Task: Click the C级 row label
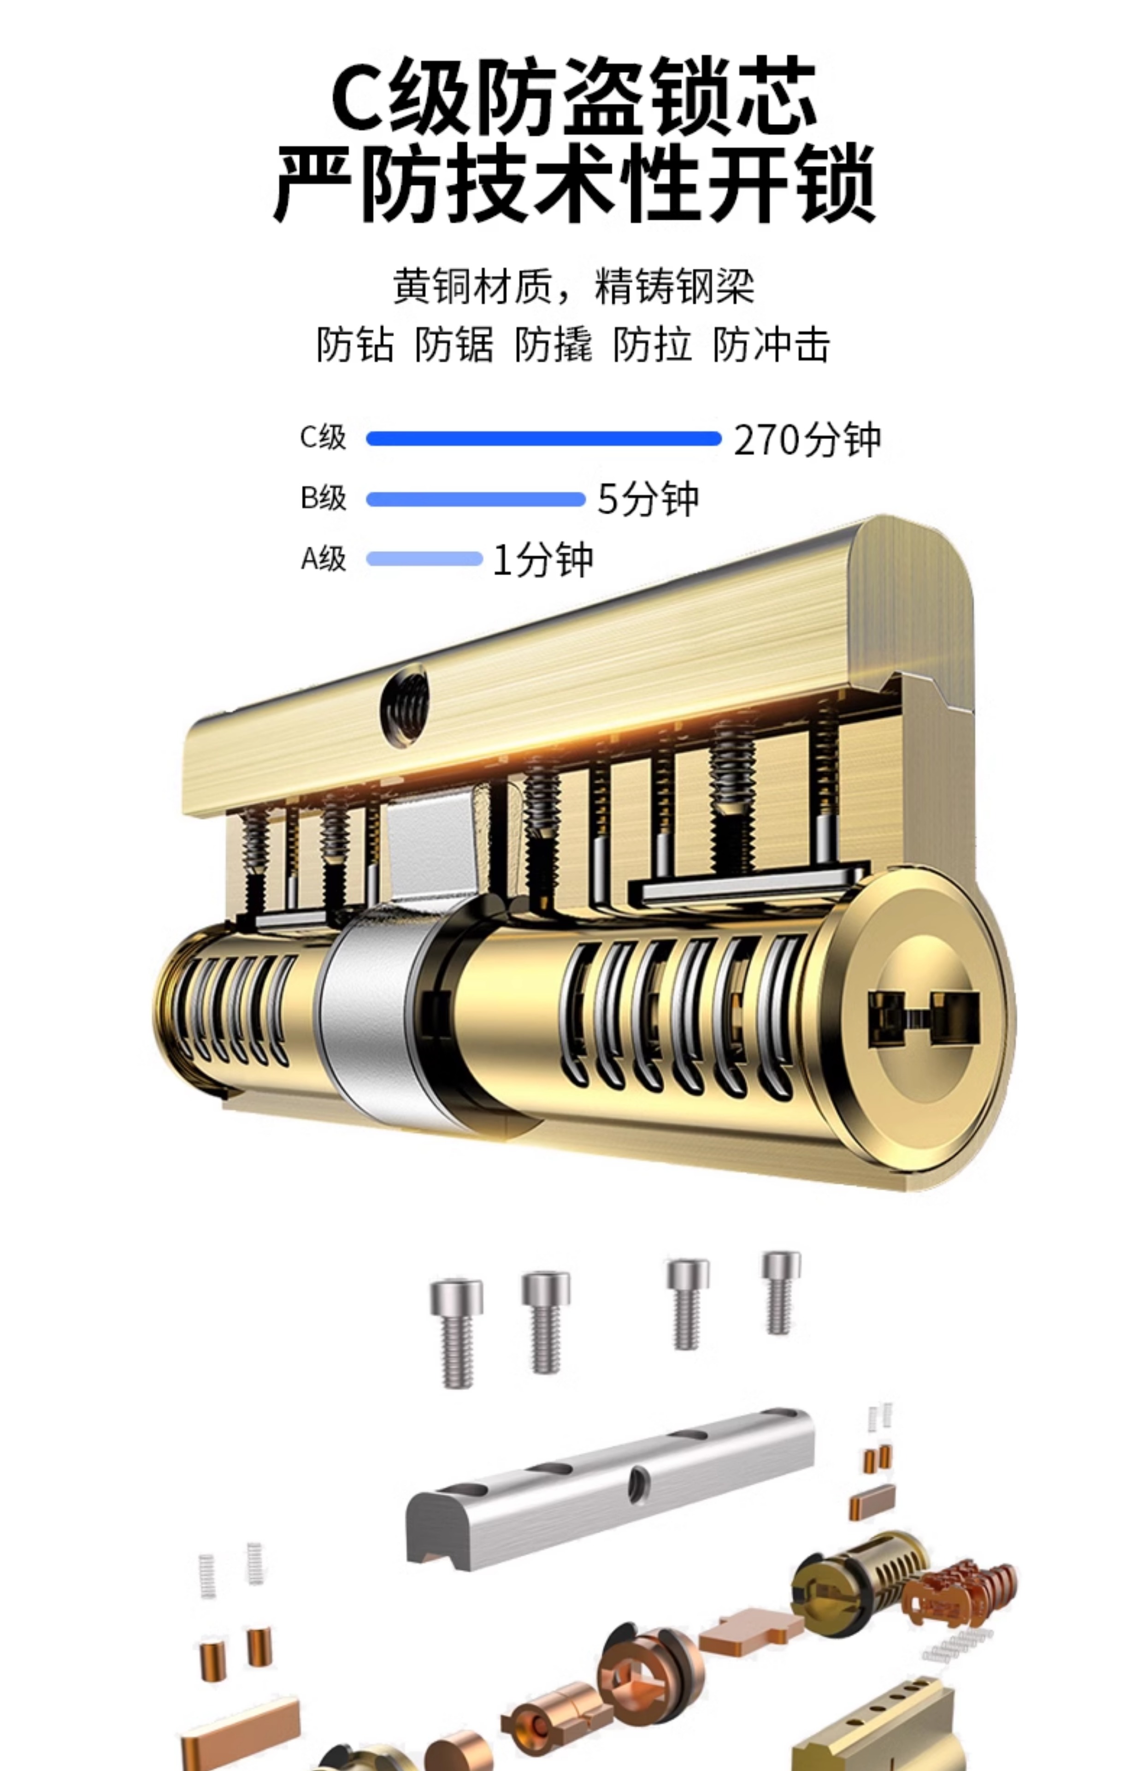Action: pos(323,437)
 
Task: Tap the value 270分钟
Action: pos(807,439)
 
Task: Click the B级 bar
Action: pos(476,499)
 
